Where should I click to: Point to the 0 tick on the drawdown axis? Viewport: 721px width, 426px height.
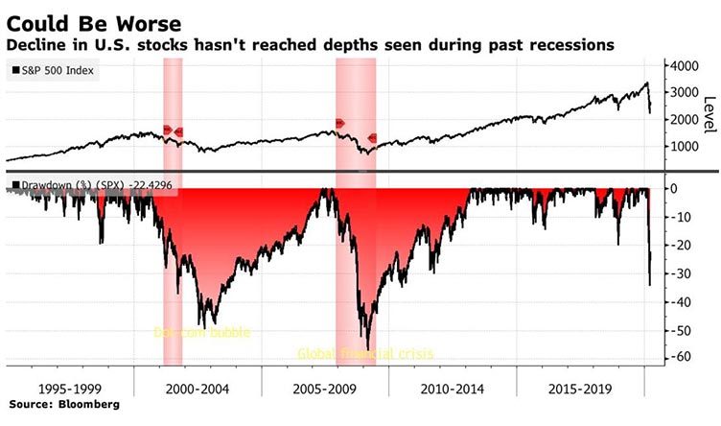[x=675, y=188]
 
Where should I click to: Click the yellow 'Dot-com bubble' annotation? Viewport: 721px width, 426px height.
[x=201, y=333]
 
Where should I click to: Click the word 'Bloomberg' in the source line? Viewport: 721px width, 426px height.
[x=91, y=407]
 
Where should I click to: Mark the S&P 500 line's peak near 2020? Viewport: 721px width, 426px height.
[x=646, y=83]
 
